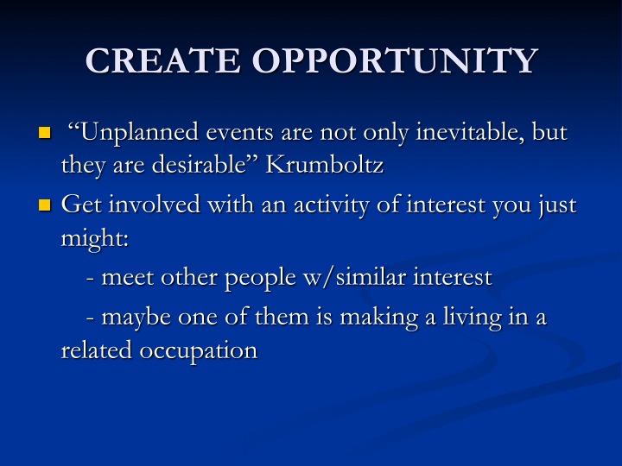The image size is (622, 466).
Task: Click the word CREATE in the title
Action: (162, 60)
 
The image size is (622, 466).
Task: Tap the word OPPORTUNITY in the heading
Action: (395, 60)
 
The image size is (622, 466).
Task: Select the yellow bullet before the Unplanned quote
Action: (45, 133)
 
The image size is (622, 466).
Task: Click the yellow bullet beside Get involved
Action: (45, 205)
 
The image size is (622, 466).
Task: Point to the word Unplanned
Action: (139, 133)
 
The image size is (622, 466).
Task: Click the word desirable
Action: (200, 165)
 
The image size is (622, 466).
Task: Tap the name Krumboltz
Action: (325, 165)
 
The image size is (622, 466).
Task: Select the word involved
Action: (155, 205)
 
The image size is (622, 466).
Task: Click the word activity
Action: (332, 205)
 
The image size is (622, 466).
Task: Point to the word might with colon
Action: (95, 239)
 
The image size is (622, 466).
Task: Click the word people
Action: (260, 278)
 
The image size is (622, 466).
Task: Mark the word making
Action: (379, 318)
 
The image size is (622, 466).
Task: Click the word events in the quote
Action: (239, 133)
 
